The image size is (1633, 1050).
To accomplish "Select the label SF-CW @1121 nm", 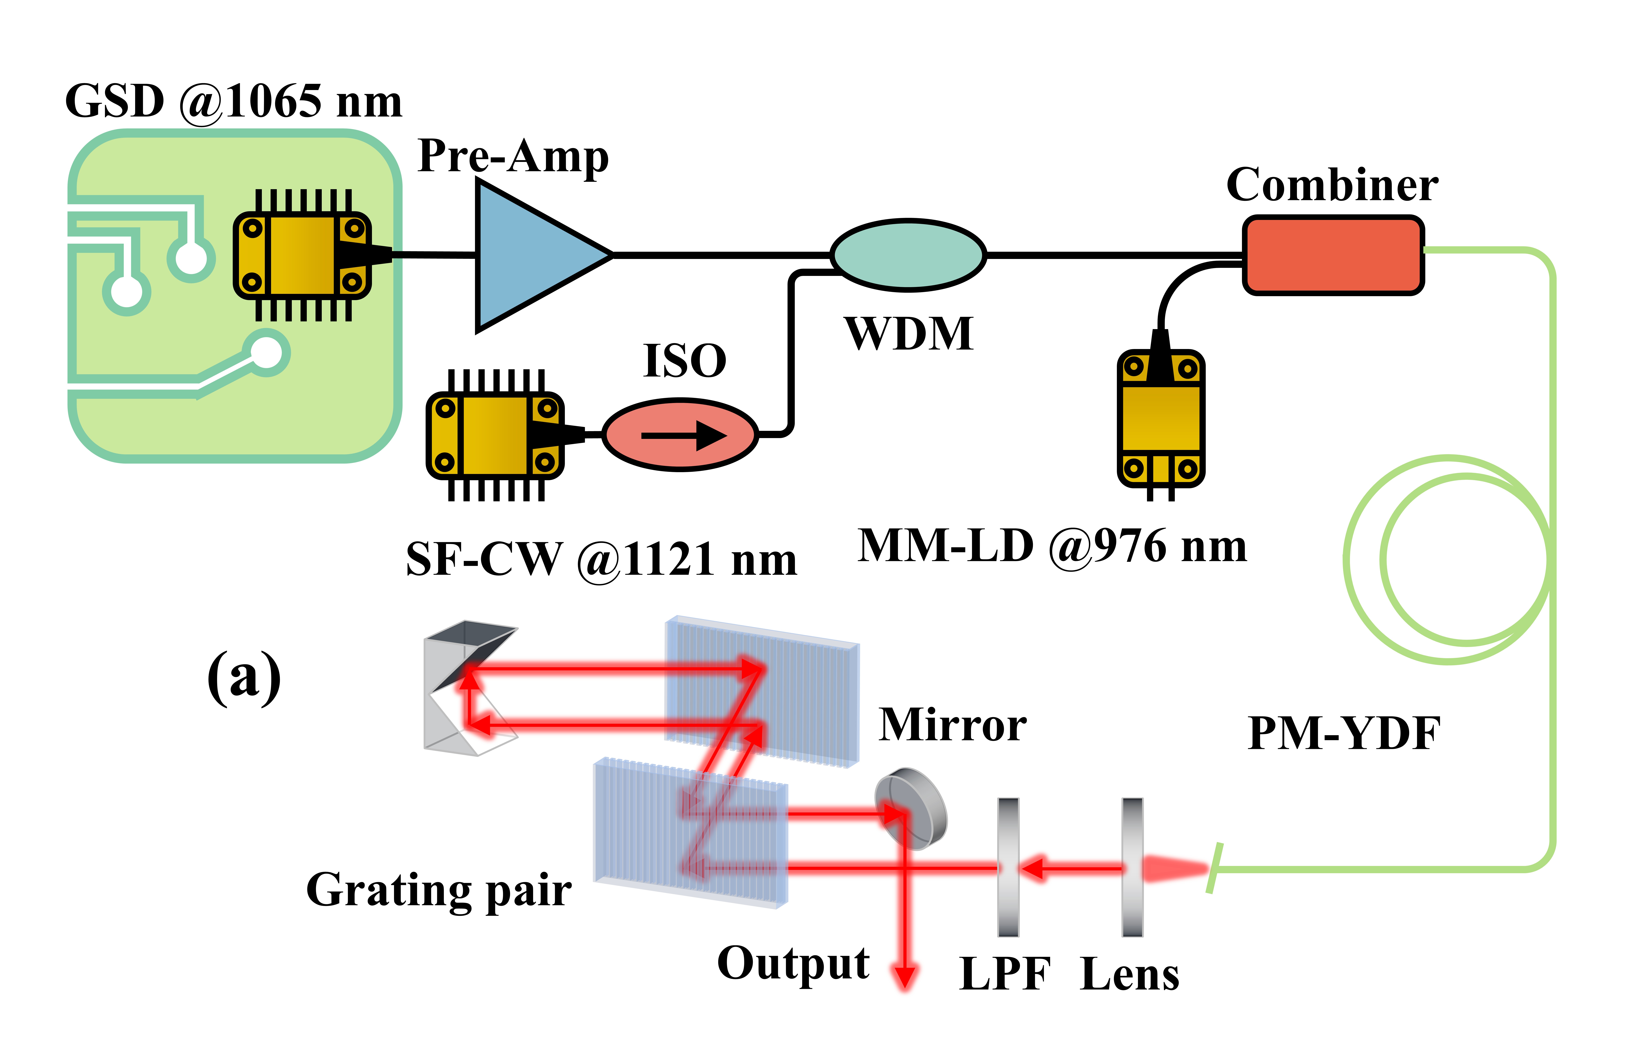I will click(601, 559).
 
